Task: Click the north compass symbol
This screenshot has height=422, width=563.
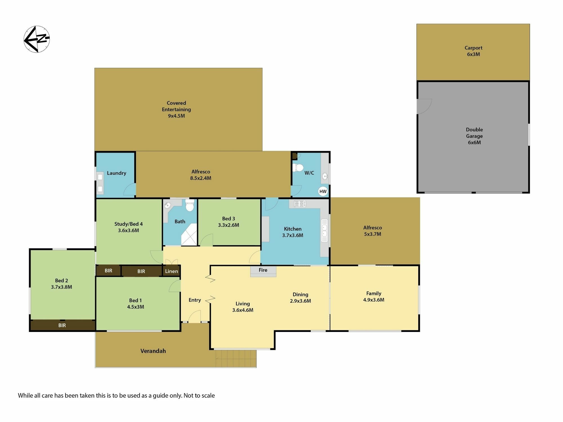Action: [x=37, y=39]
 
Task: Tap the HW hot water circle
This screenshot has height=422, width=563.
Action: [x=323, y=191]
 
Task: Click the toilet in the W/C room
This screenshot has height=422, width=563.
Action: [x=298, y=167]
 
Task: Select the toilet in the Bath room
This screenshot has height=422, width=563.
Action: [x=190, y=205]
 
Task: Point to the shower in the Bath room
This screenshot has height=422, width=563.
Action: [x=189, y=234]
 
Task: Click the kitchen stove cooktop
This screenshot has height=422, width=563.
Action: [x=300, y=203]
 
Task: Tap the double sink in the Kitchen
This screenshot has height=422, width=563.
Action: [x=324, y=230]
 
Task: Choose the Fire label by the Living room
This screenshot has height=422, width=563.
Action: [x=263, y=270]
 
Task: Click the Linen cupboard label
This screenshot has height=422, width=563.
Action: [x=171, y=271]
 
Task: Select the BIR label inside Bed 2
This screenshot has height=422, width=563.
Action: [x=62, y=325]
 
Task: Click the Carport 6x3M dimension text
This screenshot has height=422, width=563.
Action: [x=473, y=54]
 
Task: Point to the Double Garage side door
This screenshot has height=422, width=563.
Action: [x=424, y=106]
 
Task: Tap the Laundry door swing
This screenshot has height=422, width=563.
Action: [x=130, y=189]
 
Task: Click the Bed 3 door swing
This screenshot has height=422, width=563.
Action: [x=206, y=240]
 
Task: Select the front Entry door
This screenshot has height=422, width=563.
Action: [x=195, y=316]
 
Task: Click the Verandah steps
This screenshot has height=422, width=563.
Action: [x=236, y=358]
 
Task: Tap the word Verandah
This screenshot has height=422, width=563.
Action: [x=153, y=351]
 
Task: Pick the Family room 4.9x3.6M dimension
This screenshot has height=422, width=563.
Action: [x=374, y=300]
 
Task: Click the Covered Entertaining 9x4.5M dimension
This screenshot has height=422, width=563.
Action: [x=177, y=116]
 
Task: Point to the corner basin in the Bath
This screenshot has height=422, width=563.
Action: [x=168, y=205]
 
